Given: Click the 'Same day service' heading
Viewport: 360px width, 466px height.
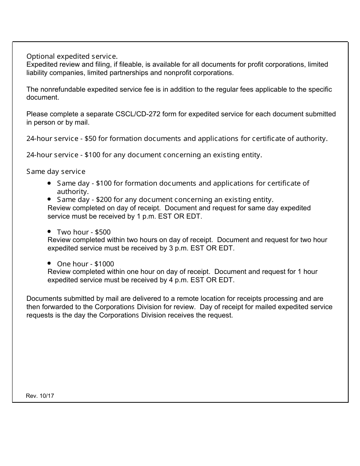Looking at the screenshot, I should (x=56, y=172).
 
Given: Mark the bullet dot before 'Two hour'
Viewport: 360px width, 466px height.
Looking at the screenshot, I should (x=50, y=231).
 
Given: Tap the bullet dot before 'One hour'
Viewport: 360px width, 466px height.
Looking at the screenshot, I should (x=50, y=263).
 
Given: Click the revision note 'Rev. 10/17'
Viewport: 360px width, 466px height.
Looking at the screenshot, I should (x=40, y=396).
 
